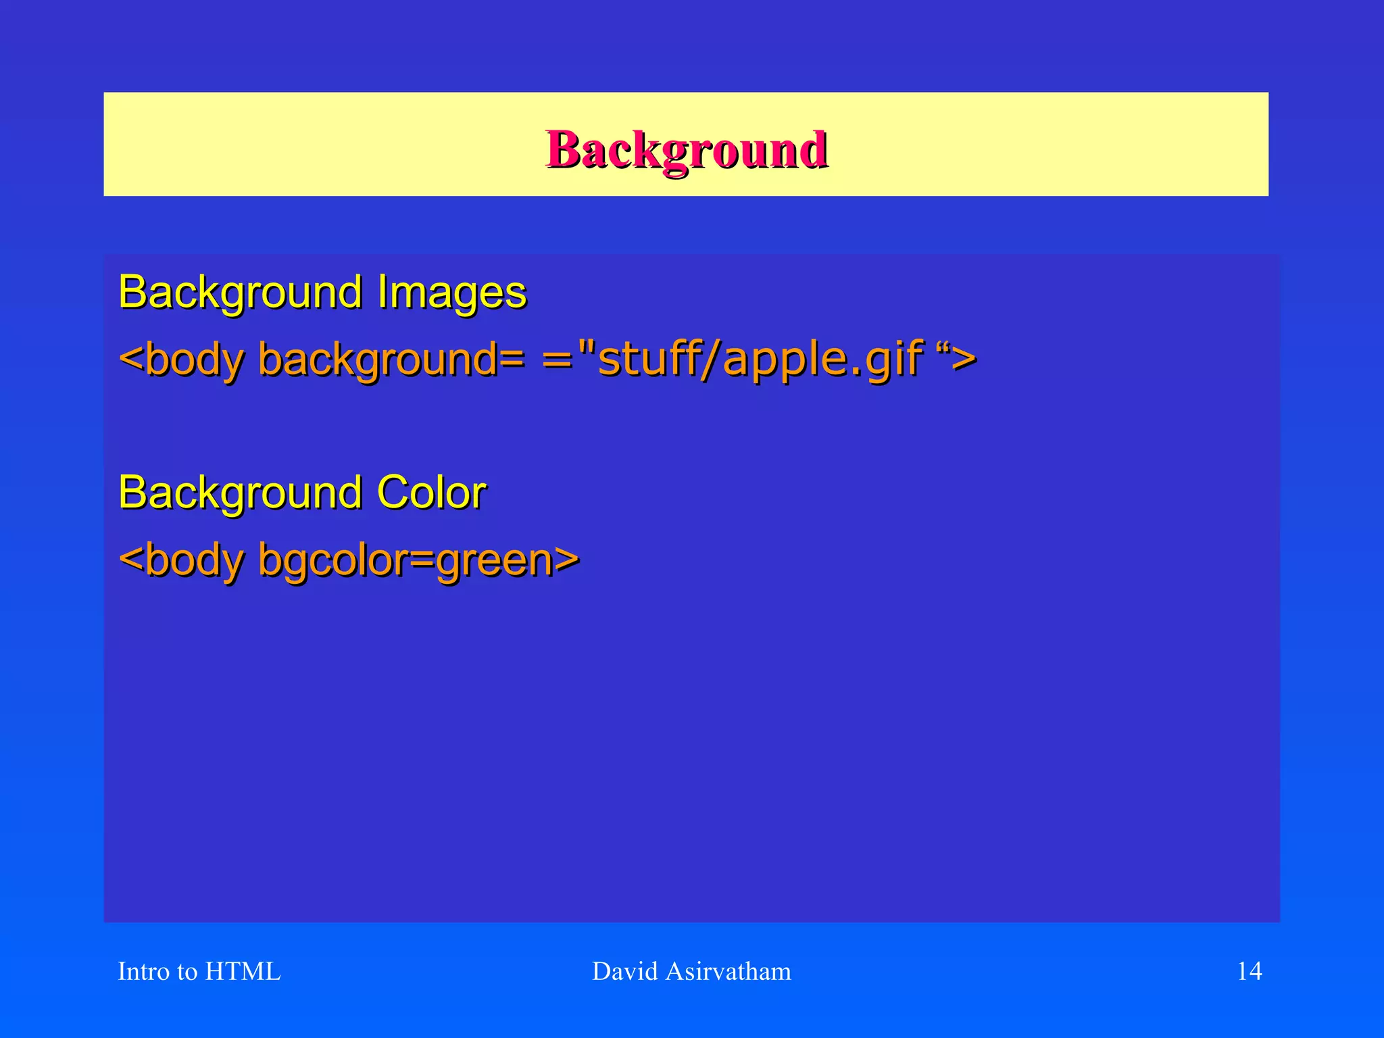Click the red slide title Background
tap(687, 149)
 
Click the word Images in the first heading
tap(451, 293)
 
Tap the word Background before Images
tap(241, 293)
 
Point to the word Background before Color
tap(241, 492)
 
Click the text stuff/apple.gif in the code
tap(760, 358)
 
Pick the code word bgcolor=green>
tap(418, 560)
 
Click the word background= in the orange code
tap(391, 358)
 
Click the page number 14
tap(1249, 971)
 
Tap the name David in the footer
tap(625, 971)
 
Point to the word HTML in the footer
tap(243, 971)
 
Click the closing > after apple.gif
tap(964, 360)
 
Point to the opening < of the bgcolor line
tap(131, 560)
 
